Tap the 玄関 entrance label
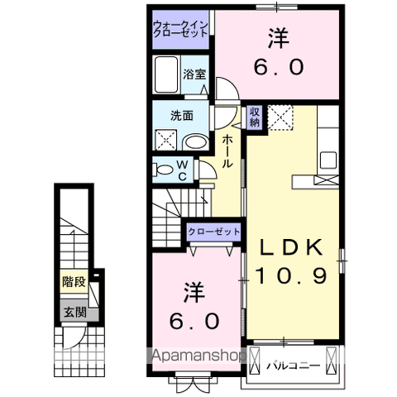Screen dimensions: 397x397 [x=73, y=312]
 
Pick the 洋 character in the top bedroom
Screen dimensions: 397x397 [x=278, y=37]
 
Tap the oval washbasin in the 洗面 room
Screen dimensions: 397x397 [x=195, y=141]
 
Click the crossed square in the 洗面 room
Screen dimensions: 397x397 [x=165, y=141]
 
